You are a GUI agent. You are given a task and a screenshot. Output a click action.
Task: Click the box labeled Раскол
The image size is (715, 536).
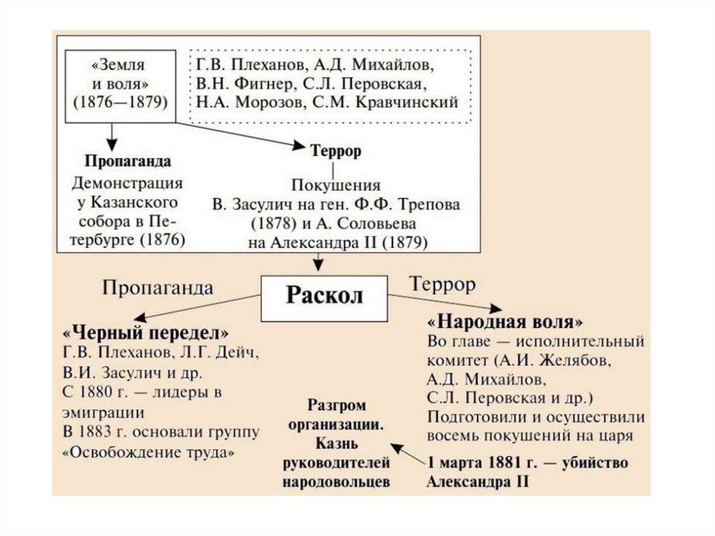click(x=324, y=296)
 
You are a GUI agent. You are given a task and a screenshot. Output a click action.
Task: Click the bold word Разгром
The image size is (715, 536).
click(x=336, y=406)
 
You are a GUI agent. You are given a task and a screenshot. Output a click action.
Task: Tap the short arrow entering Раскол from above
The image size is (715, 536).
click(x=318, y=263)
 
